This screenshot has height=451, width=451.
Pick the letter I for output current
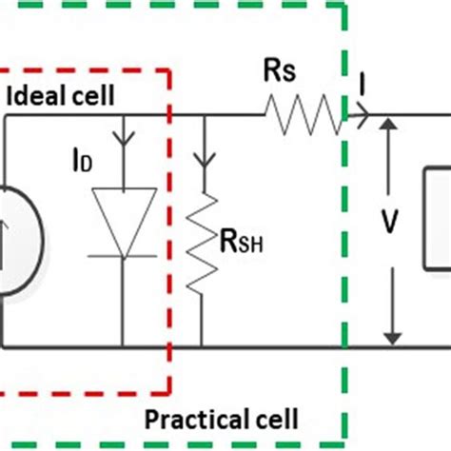click(362, 88)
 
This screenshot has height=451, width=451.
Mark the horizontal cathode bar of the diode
click(123, 256)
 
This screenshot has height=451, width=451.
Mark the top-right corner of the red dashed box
click(169, 69)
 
